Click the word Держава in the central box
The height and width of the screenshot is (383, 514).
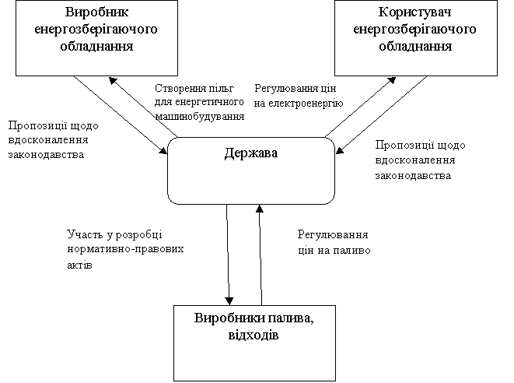click(251, 153)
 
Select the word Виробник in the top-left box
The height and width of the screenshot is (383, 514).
click(96, 12)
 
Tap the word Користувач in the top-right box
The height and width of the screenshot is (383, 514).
click(415, 12)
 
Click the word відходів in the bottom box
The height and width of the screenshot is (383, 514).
click(254, 336)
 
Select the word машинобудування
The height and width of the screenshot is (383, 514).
click(200, 117)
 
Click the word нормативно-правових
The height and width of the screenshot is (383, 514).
click(125, 249)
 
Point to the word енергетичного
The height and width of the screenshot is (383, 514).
click(209, 102)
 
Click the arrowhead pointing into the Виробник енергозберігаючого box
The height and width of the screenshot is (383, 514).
click(113, 80)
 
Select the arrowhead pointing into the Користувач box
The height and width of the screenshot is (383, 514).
click(392, 80)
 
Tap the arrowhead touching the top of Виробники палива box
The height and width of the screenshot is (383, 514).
click(229, 301)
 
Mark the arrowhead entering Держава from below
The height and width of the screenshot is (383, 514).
click(259, 209)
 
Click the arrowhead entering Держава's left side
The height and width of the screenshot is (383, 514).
click(163, 150)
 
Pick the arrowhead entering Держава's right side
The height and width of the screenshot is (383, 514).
click(339, 150)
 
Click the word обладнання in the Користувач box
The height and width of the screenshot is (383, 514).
click(415, 46)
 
